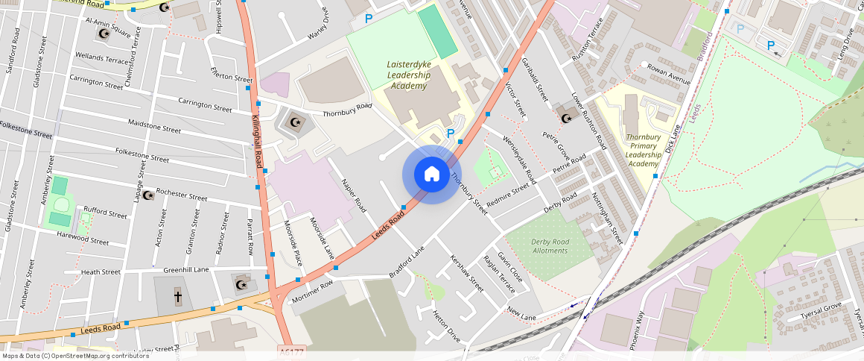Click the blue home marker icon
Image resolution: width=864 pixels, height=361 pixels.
[x=431, y=175]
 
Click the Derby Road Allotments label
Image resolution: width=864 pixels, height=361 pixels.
[x=550, y=246]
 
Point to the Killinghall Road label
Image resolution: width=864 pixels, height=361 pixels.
[x=256, y=141]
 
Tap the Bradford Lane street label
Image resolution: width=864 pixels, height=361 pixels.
[x=407, y=264]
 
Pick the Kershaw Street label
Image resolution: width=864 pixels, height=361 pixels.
[x=467, y=274]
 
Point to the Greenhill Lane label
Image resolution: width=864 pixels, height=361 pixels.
[x=186, y=270]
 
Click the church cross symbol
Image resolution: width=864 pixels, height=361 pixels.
[x=178, y=296]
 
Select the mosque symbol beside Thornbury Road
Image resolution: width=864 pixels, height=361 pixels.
[x=295, y=122]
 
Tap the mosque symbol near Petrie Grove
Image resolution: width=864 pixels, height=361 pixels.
[x=566, y=118]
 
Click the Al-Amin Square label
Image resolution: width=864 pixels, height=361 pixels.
[x=109, y=28]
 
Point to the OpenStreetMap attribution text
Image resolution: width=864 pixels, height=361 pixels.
[x=74, y=356]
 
